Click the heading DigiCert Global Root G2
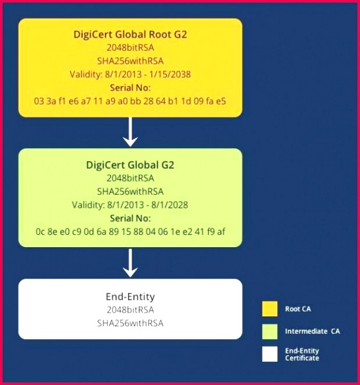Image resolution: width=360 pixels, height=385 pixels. coord(130,34)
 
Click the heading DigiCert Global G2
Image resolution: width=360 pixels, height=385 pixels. coord(130,165)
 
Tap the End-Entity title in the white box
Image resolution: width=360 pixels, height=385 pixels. coord(130,296)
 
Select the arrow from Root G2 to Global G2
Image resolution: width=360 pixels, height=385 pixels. coord(130,132)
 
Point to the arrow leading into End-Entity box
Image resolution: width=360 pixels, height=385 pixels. coord(130,263)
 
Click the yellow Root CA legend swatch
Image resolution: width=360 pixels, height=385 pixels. coord(270,309)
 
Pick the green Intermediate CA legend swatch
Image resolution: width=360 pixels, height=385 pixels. coord(270,331)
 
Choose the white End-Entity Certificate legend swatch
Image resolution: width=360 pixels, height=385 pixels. coord(270,354)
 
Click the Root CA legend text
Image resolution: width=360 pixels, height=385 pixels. coord(298,309)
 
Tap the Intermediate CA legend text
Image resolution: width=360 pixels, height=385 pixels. coord(312,331)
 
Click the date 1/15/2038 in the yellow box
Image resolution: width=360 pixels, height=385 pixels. coord(170,74)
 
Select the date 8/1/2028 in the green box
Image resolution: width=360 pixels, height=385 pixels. coord(170,205)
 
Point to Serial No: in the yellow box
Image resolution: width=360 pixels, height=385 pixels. coord(130,87)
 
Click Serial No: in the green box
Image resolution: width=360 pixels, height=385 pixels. coord(130,218)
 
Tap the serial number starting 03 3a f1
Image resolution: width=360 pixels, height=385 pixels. coord(130,101)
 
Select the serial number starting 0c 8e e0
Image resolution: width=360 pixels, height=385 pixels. coord(131,232)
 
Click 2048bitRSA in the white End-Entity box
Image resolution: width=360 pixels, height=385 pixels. coord(130,310)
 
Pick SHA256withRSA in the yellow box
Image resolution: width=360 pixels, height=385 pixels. coord(130,61)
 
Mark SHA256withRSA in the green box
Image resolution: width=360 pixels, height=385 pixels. coord(130,192)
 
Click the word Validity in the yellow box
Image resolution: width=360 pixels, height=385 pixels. coord(86,74)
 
